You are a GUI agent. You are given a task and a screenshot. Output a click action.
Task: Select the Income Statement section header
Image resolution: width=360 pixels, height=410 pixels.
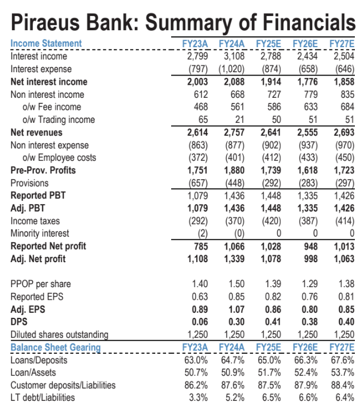[x=46, y=44]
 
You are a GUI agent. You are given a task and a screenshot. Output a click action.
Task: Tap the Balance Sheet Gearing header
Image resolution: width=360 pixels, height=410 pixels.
[x=56, y=347]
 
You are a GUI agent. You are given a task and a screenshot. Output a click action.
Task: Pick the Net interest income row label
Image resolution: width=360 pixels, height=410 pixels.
[x=49, y=82]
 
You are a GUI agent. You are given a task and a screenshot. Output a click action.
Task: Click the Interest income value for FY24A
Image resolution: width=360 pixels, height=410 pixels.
[x=233, y=56]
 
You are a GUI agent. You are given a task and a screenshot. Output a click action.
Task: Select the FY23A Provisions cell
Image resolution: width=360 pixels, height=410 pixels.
[x=198, y=183]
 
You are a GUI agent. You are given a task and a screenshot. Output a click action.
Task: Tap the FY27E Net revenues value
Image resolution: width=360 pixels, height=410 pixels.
[x=343, y=132]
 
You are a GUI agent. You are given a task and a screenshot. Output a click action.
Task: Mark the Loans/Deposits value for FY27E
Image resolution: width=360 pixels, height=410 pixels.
[x=342, y=360]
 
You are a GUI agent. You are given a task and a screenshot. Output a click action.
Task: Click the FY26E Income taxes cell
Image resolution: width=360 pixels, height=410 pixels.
[x=307, y=221]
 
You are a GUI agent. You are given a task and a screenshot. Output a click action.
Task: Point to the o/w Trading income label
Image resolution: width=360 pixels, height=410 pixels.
[x=59, y=119]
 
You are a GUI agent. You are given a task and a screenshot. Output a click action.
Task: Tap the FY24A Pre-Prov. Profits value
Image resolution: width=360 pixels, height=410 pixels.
[x=233, y=170]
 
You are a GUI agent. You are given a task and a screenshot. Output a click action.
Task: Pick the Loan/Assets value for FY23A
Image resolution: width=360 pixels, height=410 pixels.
[x=195, y=372]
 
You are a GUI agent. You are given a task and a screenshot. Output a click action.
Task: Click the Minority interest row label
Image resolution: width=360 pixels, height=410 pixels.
[x=40, y=233]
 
